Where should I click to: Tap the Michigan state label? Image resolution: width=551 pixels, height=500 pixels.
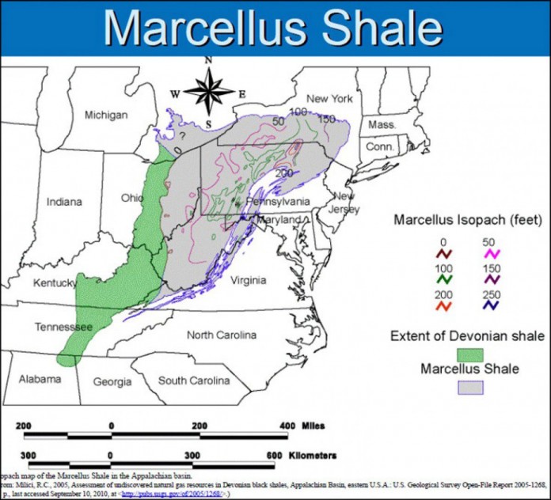(x=106, y=115)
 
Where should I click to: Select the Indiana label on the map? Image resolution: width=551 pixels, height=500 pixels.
(x=64, y=202)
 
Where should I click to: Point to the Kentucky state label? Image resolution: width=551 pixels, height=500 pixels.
(x=55, y=282)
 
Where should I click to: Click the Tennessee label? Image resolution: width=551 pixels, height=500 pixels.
(x=64, y=326)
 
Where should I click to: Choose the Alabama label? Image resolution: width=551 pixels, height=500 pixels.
(x=40, y=379)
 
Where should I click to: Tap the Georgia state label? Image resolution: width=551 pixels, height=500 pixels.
(x=112, y=382)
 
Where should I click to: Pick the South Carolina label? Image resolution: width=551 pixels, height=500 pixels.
(x=195, y=381)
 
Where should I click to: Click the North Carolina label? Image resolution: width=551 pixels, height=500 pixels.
(x=222, y=335)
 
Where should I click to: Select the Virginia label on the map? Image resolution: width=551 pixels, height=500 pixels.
(x=248, y=280)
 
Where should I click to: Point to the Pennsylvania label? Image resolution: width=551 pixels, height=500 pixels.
(x=269, y=202)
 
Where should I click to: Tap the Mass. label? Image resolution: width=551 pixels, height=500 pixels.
(x=382, y=125)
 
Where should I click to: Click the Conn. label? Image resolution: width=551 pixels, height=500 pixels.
(x=380, y=147)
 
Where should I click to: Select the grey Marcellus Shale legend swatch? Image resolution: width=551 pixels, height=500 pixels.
(x=448, y=386)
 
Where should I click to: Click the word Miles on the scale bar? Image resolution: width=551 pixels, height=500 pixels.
(x=313, y=426)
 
